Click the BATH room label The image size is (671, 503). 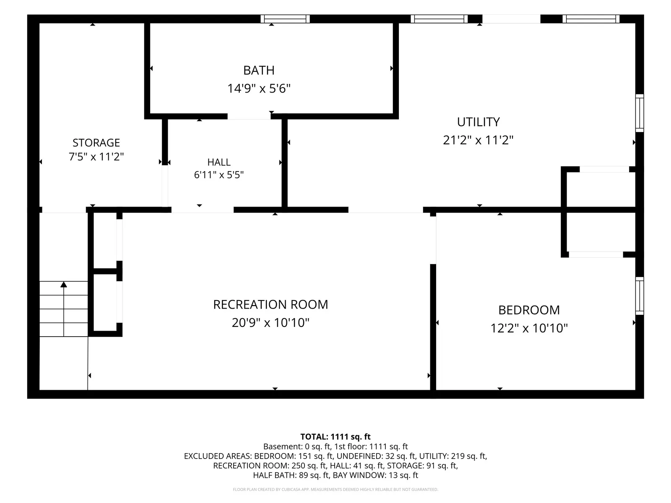[259, 70]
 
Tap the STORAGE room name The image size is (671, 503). [96, 143]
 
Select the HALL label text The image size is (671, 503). [219, 162]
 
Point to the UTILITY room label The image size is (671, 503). [478, 122]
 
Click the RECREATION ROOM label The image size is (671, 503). [270, 304]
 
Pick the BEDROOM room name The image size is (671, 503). [529, 310]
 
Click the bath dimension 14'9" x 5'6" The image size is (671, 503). [259, 88]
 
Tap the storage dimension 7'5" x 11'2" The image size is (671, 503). [96, 157]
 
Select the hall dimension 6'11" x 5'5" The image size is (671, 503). [219, 175]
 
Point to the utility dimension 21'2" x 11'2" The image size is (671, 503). [478, 140]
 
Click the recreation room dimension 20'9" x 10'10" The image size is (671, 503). [270, 322]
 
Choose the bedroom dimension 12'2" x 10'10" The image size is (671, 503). [529, 328]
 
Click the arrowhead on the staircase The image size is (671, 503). [64, 284]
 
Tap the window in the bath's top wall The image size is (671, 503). [285, 19]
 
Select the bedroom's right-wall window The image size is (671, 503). [640, 296]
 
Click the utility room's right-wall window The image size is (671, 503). [640, 113]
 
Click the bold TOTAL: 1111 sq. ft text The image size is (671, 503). [335, 437]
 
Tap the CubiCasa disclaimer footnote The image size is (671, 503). [335, 489]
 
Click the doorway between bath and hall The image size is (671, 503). [249, 117]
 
